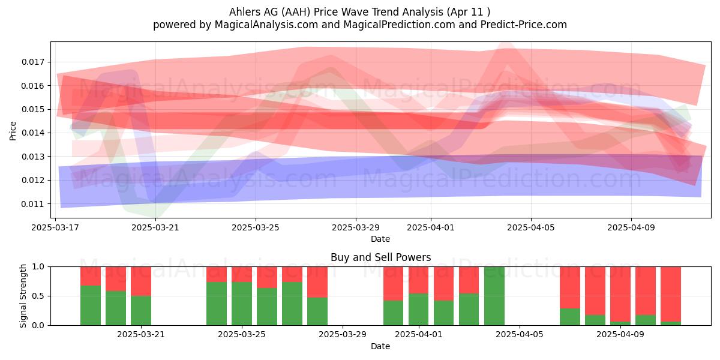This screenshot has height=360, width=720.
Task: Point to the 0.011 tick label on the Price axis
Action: (32, 204)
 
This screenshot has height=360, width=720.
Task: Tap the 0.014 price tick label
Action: (32, 133)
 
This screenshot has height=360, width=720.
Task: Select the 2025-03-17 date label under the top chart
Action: (55, 227)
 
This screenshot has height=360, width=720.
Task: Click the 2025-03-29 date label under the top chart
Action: (355, 227)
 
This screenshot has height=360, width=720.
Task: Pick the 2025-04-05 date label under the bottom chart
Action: (520, 334)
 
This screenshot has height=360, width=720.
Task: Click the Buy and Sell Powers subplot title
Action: (380, 257)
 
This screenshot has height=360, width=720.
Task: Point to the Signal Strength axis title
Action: (23, 296)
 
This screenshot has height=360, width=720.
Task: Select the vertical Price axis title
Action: (13, 131)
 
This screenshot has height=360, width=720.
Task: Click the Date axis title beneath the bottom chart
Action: (380, 346)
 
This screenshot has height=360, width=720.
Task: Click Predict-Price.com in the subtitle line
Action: (524, 25)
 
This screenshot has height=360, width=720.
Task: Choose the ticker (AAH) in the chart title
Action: (296, 12)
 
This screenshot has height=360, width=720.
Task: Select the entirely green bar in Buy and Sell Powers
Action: (494, 296)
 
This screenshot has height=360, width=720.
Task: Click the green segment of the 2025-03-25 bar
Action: (242, 304)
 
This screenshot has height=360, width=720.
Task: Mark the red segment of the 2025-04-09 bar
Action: (620, 294)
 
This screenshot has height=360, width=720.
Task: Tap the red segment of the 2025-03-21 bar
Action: (141, 281)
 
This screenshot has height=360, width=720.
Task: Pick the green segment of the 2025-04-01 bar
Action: (419, 310)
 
